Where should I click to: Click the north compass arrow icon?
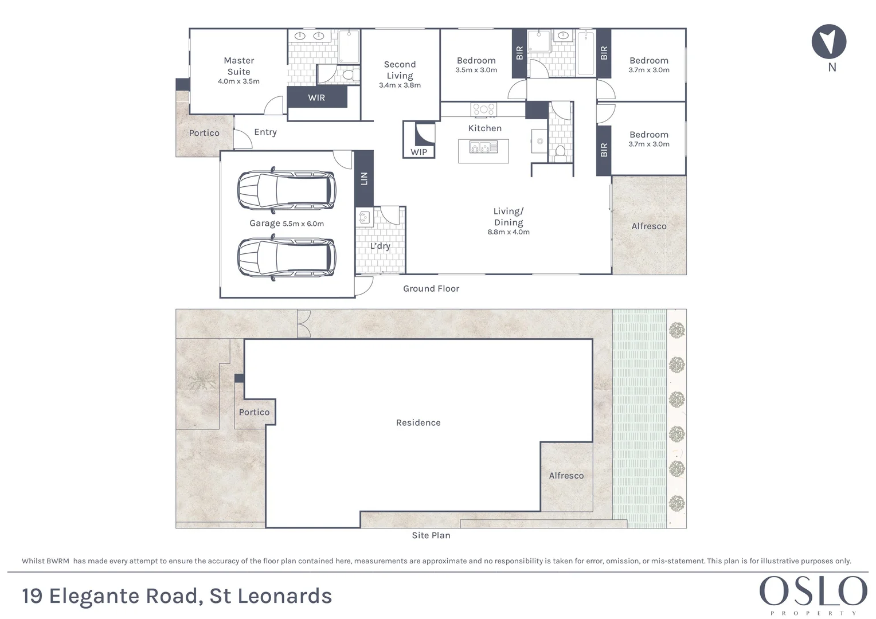pos(829,42)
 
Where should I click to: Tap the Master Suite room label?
pos(238,66)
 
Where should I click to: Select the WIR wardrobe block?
pos(316,97)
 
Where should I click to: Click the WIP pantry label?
pos(419,152)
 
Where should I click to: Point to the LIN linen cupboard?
pos(363,178)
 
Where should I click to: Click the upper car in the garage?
pos(287,190)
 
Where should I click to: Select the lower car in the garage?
pos(287,258)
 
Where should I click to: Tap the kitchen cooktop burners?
pos(484,109)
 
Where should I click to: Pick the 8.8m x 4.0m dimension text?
pos(509,232)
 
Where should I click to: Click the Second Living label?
pos(400,70)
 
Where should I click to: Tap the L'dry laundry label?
pos(380,246)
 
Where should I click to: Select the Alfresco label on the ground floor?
pos(649,226)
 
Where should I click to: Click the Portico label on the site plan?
pos(254,412)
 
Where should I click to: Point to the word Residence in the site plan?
pos(419,422)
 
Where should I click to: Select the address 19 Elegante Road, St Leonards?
pos(177,596)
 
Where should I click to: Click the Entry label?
pos(265,132)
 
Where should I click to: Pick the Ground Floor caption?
pos(431,288)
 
